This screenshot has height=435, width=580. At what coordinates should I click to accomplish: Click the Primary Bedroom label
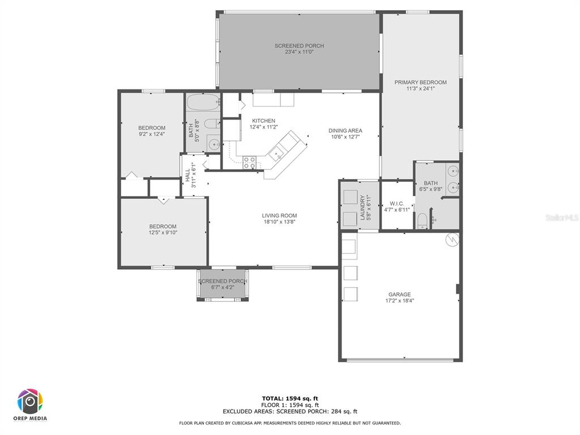click(420, 83)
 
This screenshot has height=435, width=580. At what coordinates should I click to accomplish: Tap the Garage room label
click(399, 295)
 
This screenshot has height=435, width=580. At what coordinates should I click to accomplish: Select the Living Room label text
click(279, 216)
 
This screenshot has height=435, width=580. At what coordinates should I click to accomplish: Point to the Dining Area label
click(346, 131)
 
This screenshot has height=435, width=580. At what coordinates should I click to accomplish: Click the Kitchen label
click(264, 121)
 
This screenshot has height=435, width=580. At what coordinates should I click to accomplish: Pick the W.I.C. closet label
click(397, 204)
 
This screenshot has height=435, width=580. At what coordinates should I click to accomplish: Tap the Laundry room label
click(362, 207)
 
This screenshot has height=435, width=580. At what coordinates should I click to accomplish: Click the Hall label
click(187, 176)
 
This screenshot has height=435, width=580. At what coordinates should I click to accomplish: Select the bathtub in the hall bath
click(203, 102)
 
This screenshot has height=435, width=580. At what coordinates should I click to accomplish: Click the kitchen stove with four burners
click(249, 163)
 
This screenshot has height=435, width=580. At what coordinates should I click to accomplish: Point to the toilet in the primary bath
click(422, 221)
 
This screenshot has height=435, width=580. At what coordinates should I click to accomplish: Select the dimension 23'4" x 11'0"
click(299, 52)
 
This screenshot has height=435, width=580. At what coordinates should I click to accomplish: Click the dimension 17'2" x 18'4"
click(399, 301)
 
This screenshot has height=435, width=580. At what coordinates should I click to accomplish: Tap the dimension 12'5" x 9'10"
click(163, 233)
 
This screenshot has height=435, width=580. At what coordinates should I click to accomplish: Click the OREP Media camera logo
click(30, 402)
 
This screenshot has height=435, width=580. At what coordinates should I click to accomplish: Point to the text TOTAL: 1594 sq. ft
click(290, 398)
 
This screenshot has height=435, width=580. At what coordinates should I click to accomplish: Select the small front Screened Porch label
click(223, 281)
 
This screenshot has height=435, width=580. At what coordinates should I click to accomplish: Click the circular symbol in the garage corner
click(453, 240)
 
